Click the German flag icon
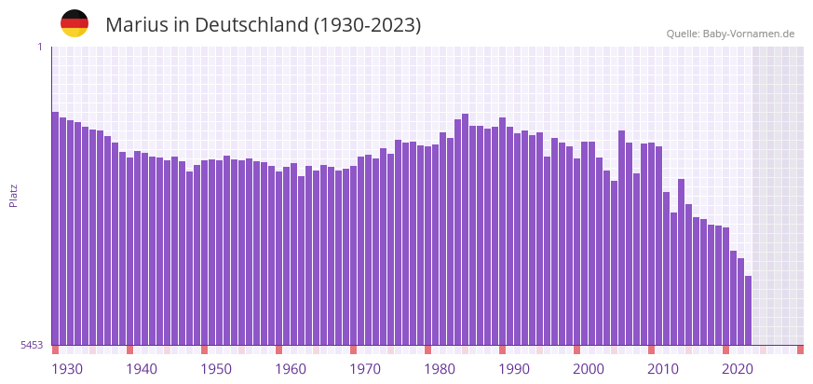[75, 24]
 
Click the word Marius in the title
[137, 25]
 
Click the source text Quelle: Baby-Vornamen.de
[730, 34]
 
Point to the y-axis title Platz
[14, 195]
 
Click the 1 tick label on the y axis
[39, 47]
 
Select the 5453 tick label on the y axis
[32, 345]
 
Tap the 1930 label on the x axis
[67, 369]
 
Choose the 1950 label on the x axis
[216, 369]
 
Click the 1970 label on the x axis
[365, 369]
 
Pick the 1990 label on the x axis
[514, 369]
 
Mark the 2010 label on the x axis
[663, 369]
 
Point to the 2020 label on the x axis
[738, 369]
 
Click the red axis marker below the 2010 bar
[651, 350]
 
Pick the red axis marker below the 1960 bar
[278, 350]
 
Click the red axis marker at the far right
[800, 350]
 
